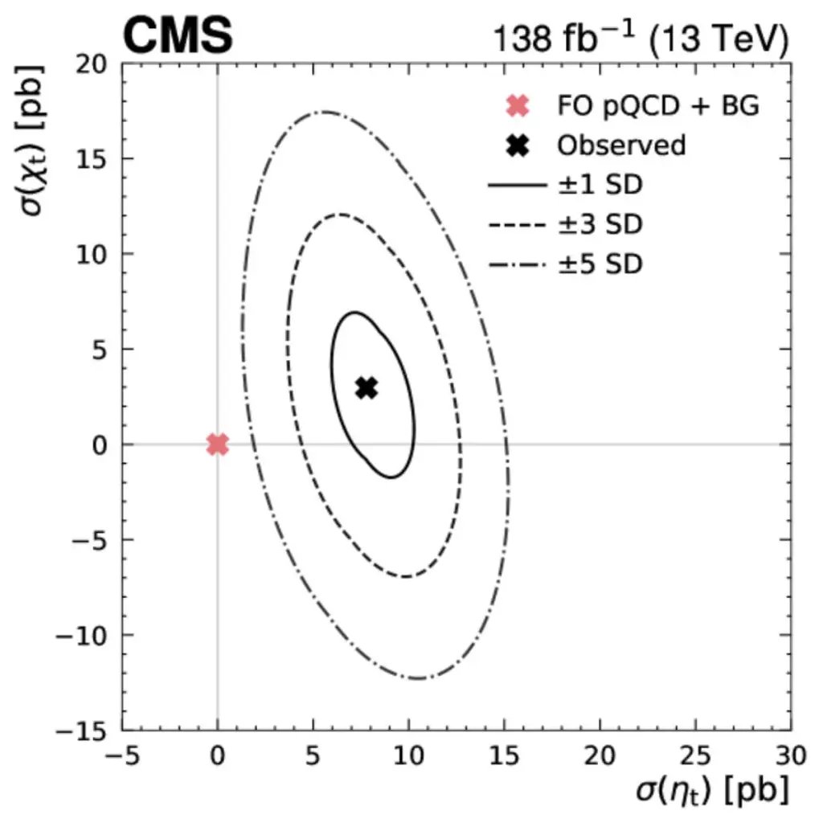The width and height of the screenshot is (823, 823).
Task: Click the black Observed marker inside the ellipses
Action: [366, 388]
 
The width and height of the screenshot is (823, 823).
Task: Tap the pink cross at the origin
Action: [217, 444]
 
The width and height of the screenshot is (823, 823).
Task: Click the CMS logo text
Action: [178, 35]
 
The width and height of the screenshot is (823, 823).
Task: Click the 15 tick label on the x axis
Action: [504, 755]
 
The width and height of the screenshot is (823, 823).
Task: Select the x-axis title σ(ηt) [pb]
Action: [707, 791]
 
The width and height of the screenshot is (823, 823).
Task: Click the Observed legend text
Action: [621, 145]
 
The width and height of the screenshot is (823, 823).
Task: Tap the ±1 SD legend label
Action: [600, 186]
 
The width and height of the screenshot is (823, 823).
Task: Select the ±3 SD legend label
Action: [600, 224]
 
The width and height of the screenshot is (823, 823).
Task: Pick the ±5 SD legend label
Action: [600, 263]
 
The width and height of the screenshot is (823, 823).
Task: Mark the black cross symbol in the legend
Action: [518, 145]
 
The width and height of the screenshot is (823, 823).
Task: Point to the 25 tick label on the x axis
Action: [696, 755]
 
